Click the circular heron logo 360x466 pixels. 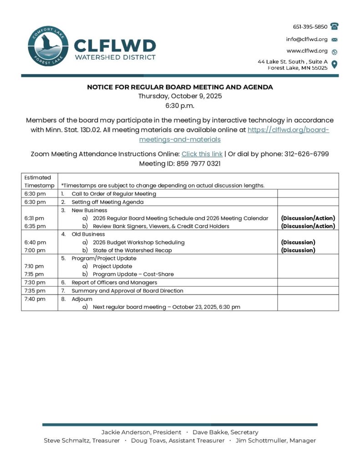coord(48,46)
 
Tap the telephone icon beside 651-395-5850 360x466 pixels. coord(335,26)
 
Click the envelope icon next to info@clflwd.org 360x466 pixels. coord(335,39)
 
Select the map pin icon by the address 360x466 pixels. coord(335,64)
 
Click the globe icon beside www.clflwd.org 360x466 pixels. coord(335,51)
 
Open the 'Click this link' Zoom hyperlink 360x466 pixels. coord(202,154)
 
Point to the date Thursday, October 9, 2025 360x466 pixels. coord(180,96)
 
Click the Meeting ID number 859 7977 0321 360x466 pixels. coord(198,163)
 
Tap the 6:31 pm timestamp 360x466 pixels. coord(35,218)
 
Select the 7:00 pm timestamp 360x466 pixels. coord(35,250)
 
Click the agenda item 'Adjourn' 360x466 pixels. coord(82,299)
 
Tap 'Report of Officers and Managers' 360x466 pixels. coord(114,283)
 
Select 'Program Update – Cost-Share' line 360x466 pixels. coord(133,274)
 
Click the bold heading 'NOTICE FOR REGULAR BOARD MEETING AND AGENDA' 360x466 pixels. coord(180,87)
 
